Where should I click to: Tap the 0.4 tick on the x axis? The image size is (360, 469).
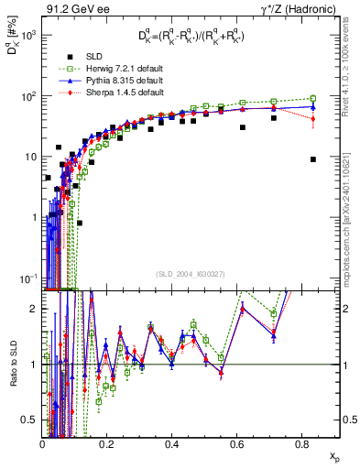coord(171,443)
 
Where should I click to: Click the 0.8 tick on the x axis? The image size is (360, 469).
coord(300,443)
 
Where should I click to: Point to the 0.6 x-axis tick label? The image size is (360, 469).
coord(236,443)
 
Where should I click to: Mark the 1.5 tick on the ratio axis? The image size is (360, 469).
coord(32,336)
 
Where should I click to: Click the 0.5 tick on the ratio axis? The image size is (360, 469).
coord(32,420)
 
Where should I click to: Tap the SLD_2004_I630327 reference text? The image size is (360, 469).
coord(192,273)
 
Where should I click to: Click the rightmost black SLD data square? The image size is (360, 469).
coord(313,159)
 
